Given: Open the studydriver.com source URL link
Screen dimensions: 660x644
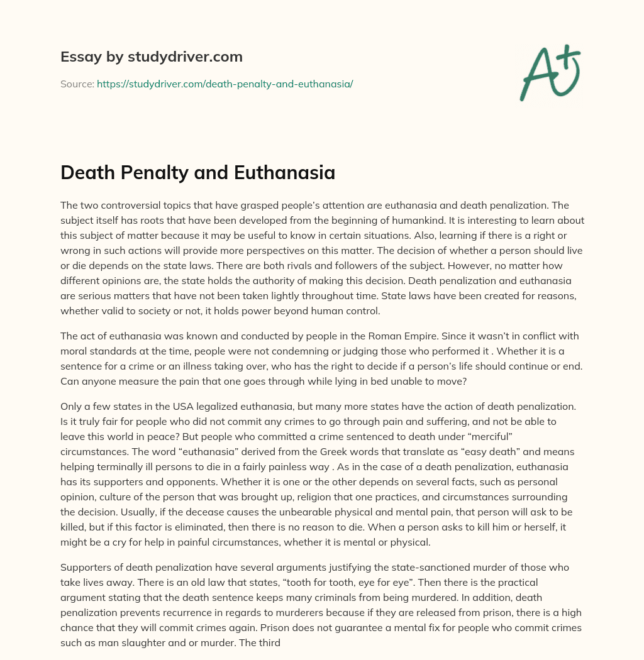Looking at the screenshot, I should click(225, 84).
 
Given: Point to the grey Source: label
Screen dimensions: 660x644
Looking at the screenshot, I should click(77, 84).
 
